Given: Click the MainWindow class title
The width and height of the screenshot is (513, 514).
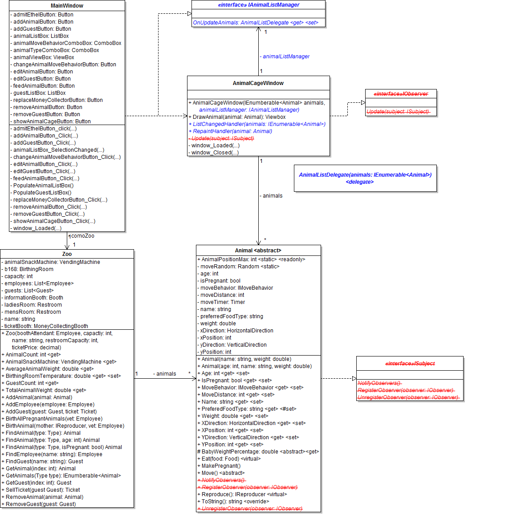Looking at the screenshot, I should pyautogui.click(x=67, y=6).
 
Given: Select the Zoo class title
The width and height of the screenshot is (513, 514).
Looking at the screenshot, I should pyautogui.click(x=67, y=254).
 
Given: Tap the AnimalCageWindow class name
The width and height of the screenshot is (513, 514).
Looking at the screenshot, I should pyautogui.click(x=258, y=83).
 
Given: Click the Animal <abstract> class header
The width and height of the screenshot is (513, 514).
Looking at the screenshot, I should pyautogui.click(x=258, y=251).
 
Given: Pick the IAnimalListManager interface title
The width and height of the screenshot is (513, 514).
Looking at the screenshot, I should pyautogui.click(x=258, y=5).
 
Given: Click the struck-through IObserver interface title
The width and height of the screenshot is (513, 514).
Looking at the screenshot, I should pyautogui.click(x=401, y=94).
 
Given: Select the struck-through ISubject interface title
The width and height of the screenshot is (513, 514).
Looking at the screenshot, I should pyautogui.click(x=410, y=364).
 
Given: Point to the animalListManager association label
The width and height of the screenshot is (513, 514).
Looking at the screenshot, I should pyautogui.click(x=285, y=57).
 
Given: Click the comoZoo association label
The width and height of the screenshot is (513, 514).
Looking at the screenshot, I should pyautogui.click(x=82, y=236).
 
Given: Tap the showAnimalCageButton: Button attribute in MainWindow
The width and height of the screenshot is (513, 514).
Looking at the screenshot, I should pyautogui.click(x=52, y=121).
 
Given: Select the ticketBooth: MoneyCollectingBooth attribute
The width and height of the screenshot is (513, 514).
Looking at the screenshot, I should pyautogui.click(x=46, y=326).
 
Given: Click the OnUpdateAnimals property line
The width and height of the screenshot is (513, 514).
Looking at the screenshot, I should pyautogui.click(x=256, y=23).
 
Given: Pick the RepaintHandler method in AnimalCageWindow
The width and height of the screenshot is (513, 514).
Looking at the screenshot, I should pyautogui.click(x=232, y=131).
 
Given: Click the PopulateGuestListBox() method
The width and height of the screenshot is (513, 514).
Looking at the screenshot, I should pyautogui.click(x=42, y=193).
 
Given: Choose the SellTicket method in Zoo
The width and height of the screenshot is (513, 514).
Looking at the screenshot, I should pyautogui.click(x=43, y=490).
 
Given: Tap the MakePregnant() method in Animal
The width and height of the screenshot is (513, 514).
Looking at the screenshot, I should pyautogui.click(x=221, y=466).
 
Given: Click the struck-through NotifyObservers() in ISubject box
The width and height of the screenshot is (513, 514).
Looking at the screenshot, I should pyautogui.click(x=379, y=383).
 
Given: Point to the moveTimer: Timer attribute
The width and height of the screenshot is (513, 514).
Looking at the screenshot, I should pyautogui.click(x=222, y=302).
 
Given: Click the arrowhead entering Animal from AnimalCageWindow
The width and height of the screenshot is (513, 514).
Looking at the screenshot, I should pyautogui.click(x=258, y=242).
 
